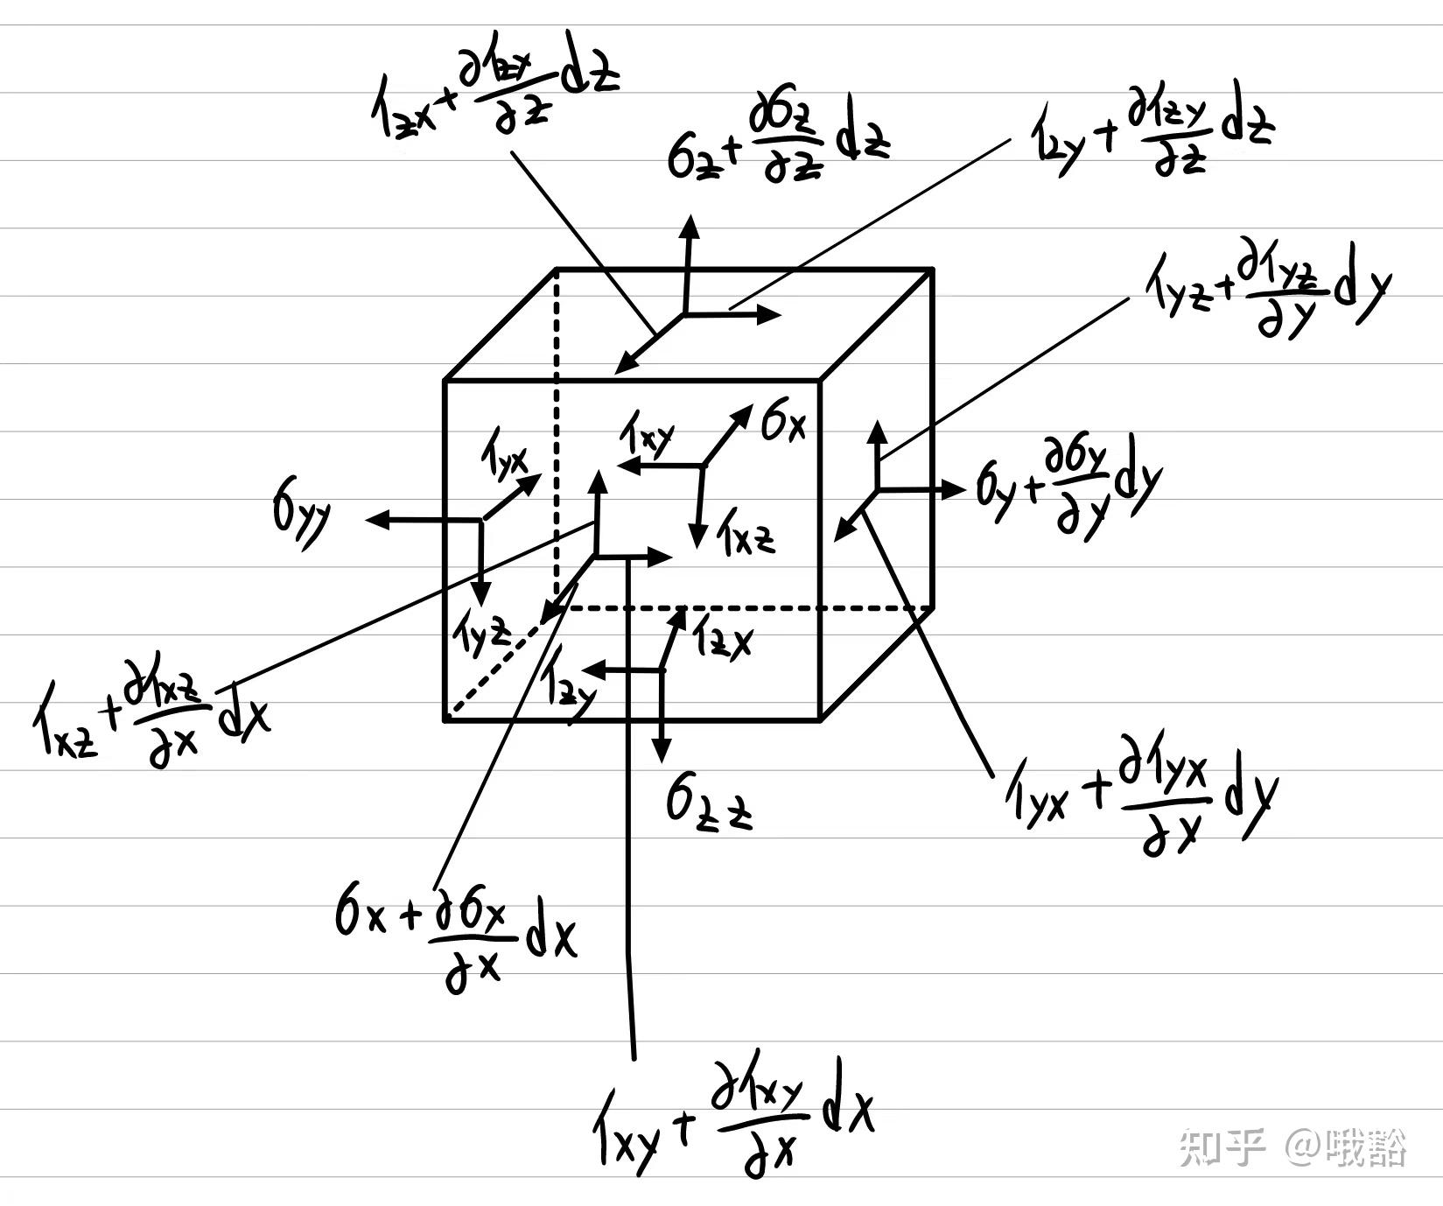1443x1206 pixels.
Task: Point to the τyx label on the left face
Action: coord(504,457)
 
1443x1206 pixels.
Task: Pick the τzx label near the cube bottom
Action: coord(723,641)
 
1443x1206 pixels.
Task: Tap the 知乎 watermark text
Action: coord(1221,1146)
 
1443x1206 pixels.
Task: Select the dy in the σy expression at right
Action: coord(1137,483)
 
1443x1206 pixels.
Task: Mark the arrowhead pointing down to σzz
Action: coord(662,751)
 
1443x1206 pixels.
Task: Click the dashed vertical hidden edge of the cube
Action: coord(557,438)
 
